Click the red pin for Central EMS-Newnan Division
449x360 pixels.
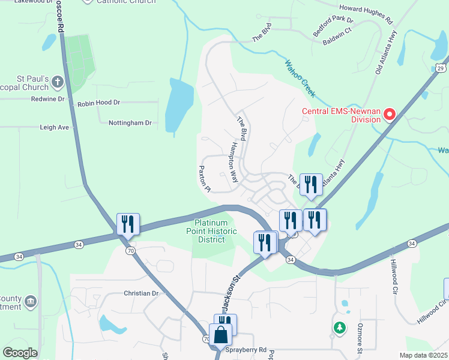[x=389, y=113]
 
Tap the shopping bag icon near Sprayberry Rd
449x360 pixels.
[x=220, y=335]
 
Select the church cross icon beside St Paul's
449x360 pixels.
[x=57, y=81]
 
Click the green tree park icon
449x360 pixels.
[x=340, y=328]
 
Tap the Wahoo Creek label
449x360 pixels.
[x=300, y=77]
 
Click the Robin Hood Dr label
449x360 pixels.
[x=99, y=103]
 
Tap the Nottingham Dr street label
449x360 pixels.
[x=130, y=123]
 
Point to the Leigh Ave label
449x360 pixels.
[x=55, y=127]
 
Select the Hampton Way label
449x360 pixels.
[x=234, y=163]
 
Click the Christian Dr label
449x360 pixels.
[x=140, y=293]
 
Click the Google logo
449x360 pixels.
[x=20, y=353]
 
